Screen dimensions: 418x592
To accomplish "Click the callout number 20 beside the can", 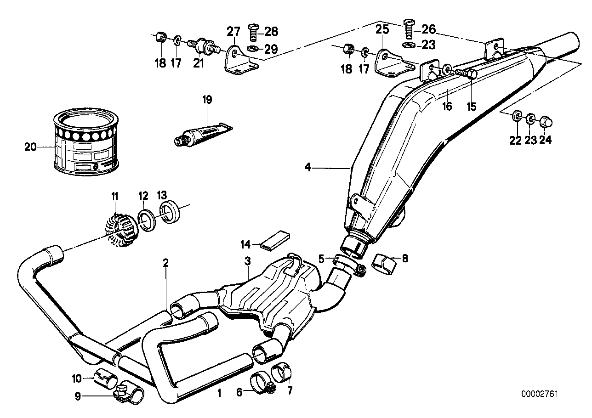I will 29,147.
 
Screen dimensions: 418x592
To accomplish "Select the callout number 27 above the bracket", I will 233,32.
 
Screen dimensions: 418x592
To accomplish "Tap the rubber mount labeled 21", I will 202,46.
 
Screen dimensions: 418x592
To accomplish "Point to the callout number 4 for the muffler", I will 308,168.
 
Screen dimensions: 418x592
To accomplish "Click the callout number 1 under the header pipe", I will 219,393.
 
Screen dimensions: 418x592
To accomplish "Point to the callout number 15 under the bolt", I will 471,107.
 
